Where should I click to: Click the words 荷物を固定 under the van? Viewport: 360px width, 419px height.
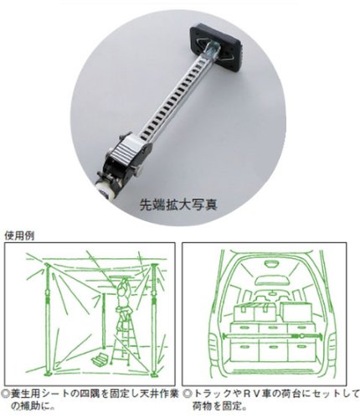(215, 405)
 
